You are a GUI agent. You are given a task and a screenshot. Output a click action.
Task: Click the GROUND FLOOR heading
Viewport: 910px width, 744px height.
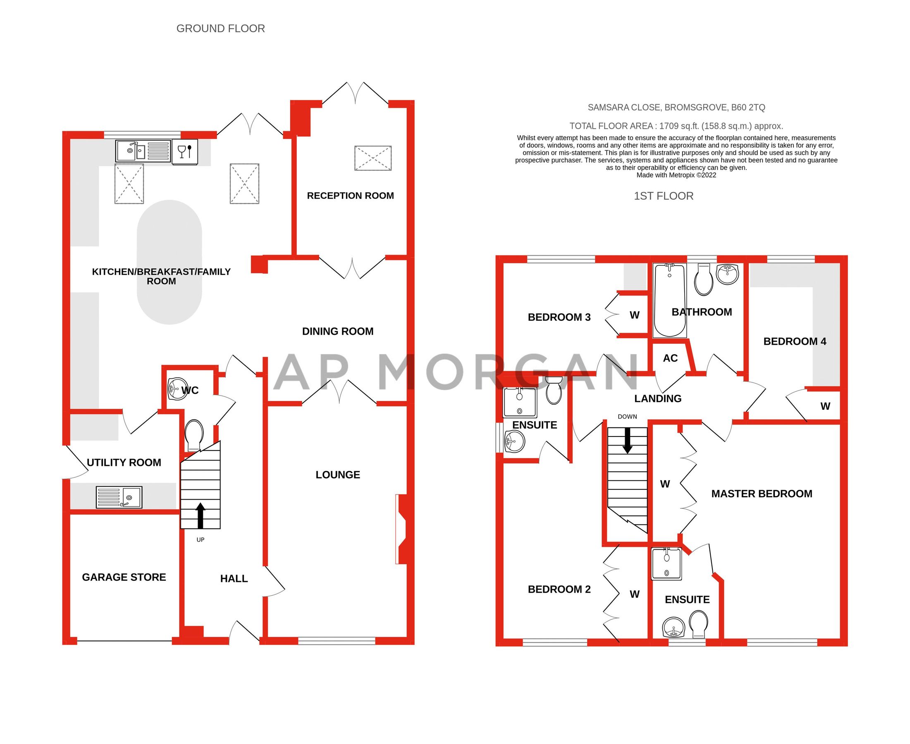click(x=220, y=28)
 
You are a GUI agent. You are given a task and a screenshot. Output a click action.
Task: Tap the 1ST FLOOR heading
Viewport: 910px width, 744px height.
click(x=663, y=196)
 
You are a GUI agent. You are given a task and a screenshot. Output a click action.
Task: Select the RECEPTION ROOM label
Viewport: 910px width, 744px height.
click(x=350, y=196)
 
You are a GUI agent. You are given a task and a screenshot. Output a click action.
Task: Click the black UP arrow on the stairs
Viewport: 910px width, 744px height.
click(x=200, y=515)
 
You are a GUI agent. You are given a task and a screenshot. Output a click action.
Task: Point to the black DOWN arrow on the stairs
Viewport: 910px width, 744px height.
click(x=627, y=440)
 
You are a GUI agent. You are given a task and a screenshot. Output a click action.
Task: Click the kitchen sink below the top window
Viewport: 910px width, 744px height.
click(x=143, y=151)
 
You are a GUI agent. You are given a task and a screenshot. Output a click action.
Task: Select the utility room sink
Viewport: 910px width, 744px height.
click(x=119, y=497)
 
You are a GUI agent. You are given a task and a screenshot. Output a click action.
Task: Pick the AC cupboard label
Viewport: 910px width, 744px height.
click(x=670, y=358)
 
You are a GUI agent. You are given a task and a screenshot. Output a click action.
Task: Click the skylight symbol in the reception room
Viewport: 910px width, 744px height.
click(x=373, y=158)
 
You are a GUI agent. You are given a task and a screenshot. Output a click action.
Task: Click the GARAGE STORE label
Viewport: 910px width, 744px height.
click(x=124, y=577)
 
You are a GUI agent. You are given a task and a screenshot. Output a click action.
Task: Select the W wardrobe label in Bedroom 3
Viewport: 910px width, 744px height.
click(x=634, y=315)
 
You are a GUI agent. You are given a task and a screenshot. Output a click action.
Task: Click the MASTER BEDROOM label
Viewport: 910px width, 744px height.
click(x=761, y=493)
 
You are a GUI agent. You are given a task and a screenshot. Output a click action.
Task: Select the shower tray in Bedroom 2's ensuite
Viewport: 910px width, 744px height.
click(x=520, y=402)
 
